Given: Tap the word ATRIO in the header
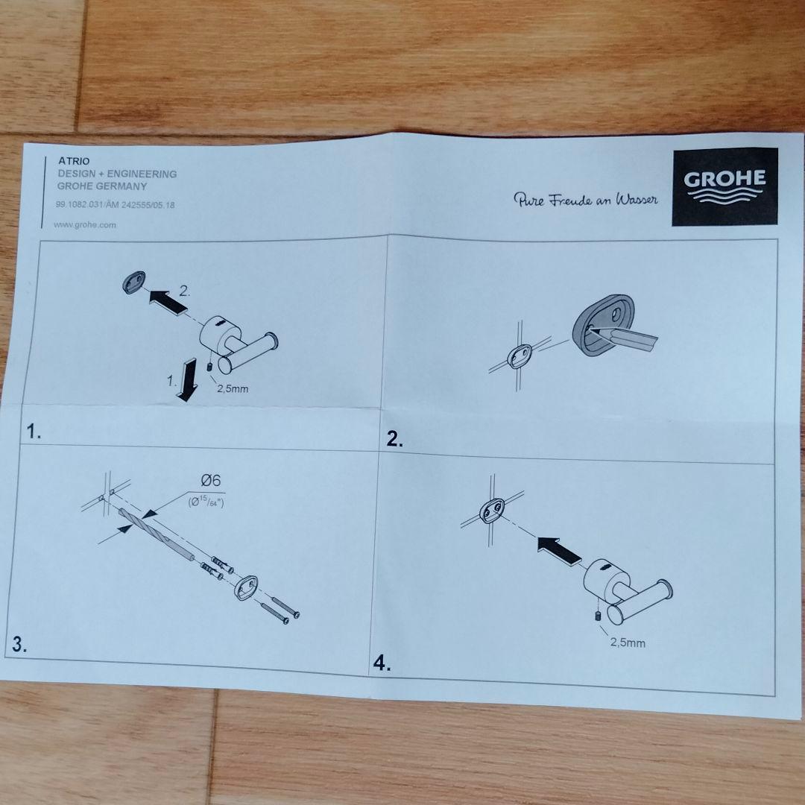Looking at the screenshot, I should tap(75, 161).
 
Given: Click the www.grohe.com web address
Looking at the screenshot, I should tap(85, 224).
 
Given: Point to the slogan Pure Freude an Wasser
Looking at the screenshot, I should tap(585, 200).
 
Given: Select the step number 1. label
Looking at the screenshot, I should tap(34, 431).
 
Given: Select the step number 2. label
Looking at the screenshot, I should tap(395, 440).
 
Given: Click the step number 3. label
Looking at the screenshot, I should tap(19, 645).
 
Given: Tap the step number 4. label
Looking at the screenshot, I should tap(382, 663).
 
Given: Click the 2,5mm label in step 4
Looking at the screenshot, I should tap(628, 642).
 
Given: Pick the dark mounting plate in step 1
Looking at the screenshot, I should tap(132, 282).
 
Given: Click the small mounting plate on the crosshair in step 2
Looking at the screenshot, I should tap(517, 357).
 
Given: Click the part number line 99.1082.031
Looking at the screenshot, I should tap(115, 204).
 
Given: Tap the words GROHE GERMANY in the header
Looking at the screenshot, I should tap(102, 186).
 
